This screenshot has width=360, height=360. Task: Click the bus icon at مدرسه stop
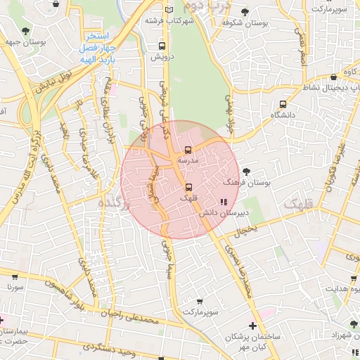188,150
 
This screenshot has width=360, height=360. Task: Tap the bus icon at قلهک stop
188,187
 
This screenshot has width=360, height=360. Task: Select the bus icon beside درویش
162,46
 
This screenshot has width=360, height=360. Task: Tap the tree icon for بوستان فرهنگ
245,171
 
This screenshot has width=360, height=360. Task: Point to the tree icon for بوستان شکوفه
244,11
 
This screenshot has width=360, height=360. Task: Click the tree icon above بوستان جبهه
26,30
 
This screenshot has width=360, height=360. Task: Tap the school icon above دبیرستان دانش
224,202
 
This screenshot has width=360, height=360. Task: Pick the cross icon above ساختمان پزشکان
253,326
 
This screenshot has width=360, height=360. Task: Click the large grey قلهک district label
300,205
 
